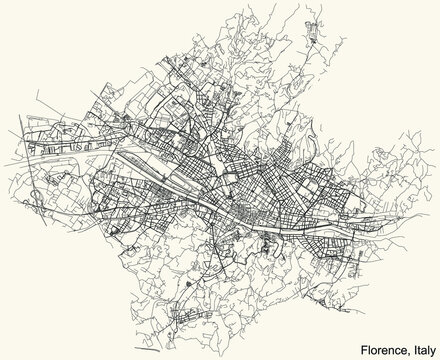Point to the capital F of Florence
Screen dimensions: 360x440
[358, 345]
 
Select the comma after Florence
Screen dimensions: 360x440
[403, 348]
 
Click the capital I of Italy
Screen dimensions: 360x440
[408, 345]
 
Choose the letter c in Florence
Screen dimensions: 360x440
[394, 345]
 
